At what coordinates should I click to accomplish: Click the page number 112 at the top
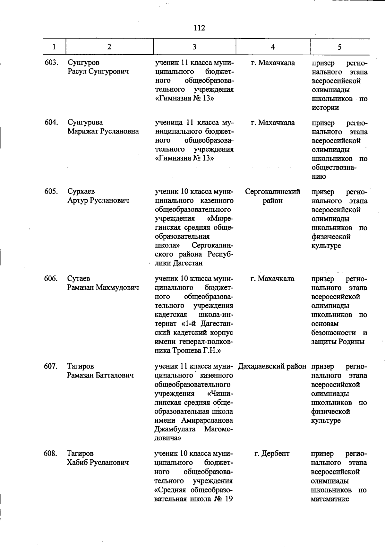[x=199, y=28]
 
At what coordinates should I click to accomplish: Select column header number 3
[x=194, y=47]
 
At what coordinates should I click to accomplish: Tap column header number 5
[x=339, y=47]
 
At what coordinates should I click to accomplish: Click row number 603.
[x=51, y=62]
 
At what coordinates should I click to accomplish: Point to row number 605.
[x=51, y=191]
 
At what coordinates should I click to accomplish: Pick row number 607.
[x=51, y=366]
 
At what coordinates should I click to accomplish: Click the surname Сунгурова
[x=85, y=122]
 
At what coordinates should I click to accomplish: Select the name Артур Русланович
[x=98, y=200]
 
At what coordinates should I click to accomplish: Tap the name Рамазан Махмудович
[x=103, y=287]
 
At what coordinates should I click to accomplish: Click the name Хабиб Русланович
[x=98, y=463]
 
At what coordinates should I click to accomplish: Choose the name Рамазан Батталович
[x=100, y=375]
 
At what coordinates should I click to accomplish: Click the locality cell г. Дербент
[x=272, y=454]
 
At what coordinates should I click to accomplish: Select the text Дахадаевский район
[x=272, y=366]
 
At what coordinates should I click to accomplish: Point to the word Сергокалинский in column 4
[x=273, y=192]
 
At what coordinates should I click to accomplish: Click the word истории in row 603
[x=325, y=108]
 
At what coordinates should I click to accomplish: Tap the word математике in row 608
[x=330, y=499]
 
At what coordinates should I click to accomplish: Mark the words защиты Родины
[x=338, y=342]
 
